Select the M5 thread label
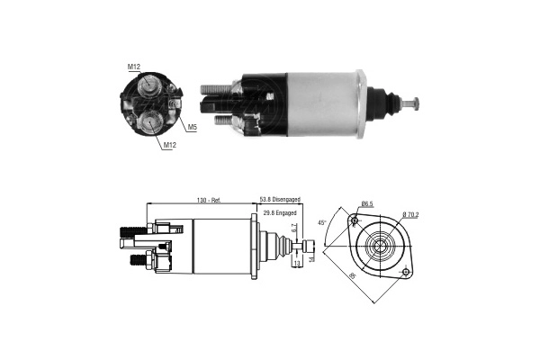pos(193,126)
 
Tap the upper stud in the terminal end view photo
pos(148,85)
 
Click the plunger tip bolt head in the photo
pos(415,103)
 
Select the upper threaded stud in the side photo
pos(213,87)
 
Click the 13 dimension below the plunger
pos(297,264)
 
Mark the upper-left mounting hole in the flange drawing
pos(355,221)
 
